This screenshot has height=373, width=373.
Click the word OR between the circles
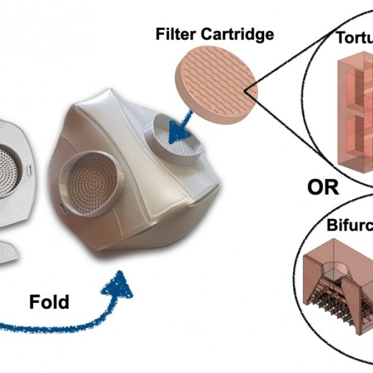(323, 186)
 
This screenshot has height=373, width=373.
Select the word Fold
(49, 302)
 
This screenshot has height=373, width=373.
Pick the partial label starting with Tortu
(354, 39)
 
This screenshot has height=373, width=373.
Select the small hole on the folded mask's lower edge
(62, 205)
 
